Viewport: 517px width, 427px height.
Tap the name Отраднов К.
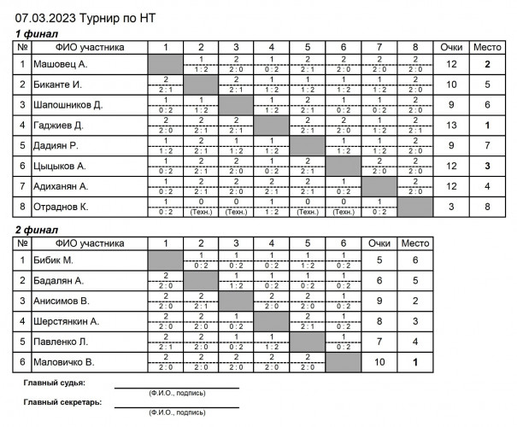point(62,207)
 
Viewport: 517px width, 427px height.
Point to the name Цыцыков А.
point(60,166)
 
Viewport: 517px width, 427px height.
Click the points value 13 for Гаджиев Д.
point(452,126)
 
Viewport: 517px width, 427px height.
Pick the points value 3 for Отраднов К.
point(452,207)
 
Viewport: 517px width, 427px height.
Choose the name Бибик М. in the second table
point(53,260)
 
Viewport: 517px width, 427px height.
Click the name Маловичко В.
point(64,362)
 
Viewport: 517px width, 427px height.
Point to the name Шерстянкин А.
point(66,321)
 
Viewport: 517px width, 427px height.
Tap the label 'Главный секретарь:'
point(63,401)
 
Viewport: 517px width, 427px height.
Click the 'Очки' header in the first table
point(452,48)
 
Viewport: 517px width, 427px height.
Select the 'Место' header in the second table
point(415,243)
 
